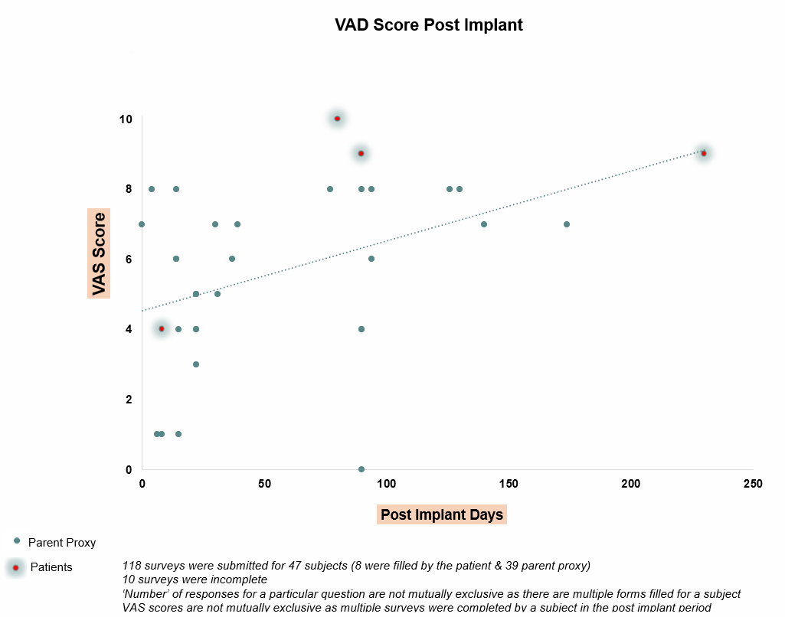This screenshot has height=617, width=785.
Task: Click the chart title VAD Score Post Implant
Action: tap(428, 24)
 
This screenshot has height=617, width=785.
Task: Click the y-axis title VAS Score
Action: tap(99, 253)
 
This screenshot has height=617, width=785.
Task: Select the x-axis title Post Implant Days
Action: tap(442, 514)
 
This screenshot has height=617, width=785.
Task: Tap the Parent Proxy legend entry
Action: tap(61, 543)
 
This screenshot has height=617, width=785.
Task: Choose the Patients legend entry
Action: tap(51, 567)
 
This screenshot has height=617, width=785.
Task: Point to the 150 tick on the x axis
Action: tap(509, 484)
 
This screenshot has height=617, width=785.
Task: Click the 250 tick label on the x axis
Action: tap(753, 484)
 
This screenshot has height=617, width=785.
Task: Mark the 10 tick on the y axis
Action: tap(126, 119)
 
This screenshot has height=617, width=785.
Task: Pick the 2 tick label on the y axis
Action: tap(129, 400)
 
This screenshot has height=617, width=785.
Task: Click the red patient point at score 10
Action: tap(337, 119)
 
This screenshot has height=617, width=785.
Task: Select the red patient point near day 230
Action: tap(704, 153)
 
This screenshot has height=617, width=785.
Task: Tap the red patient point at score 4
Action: tap(161, 328)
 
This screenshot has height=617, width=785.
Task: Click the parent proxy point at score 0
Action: tap(361, 469)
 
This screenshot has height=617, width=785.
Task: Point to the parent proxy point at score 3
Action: tap(196, 364)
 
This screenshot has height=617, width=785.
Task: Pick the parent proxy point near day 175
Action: tap(567, 224)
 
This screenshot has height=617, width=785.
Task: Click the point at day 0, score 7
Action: tap(142, 224)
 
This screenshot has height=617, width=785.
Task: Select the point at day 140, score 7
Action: tap(484, 224)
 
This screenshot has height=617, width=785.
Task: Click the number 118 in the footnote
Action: tap(132, 566)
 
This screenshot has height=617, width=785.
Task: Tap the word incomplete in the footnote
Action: tap(237, 579)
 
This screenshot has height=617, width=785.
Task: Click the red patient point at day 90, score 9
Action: tap(361, 154)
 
